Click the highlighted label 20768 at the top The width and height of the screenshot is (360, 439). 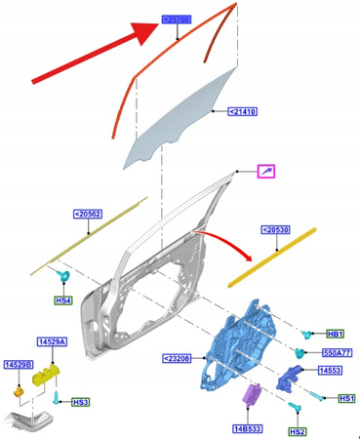point(177,18)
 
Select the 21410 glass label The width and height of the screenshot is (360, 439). point(242,112)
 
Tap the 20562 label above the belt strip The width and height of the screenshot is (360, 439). point(88,214)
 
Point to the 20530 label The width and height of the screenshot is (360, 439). point(276,230)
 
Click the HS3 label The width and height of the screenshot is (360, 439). point(80,401)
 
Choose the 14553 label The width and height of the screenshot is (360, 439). point(331,371)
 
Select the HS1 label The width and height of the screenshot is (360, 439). point(345,399)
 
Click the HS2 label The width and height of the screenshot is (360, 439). point(297,430)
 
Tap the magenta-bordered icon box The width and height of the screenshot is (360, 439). point(265,172)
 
